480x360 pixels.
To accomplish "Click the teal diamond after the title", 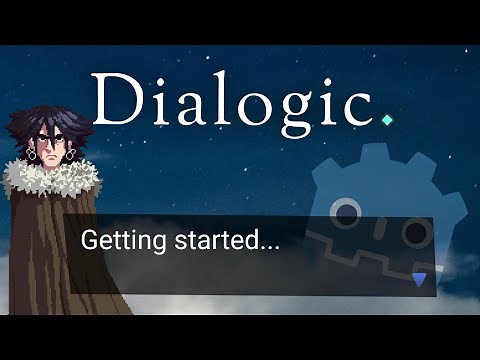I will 387,119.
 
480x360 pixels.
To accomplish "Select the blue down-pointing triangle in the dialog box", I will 419,278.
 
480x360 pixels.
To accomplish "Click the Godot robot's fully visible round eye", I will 346,212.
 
